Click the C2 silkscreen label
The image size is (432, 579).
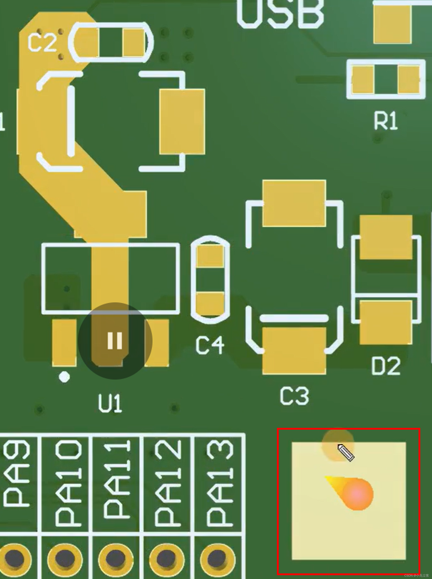(42, 43)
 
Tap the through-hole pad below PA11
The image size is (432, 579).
(115, 559)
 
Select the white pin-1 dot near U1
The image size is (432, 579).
(64, 377)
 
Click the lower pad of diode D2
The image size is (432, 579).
(386, 322)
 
